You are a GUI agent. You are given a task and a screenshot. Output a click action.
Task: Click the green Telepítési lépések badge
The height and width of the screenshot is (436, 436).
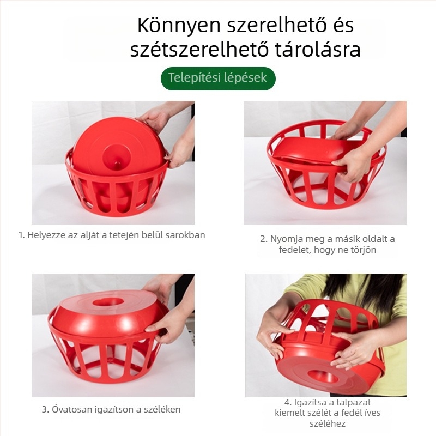pyautogui.click(x=218, y=78)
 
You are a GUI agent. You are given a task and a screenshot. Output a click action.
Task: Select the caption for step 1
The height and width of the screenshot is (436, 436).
pyautogui.click(x=112, y=235)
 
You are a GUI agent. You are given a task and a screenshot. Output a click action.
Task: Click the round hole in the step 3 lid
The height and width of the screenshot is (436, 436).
pyautogui.click(x=107, y=301)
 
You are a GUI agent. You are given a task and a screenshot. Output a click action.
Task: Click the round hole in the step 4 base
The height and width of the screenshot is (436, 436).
pyautogui.click(x=325, y=376)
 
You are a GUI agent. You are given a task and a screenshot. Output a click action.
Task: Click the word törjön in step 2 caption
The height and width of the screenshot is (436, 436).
pyautogui.click(x=358, y=250)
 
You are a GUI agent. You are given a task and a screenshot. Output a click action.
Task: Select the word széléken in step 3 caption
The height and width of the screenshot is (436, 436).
pyautogui.click(x=163, y=409)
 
